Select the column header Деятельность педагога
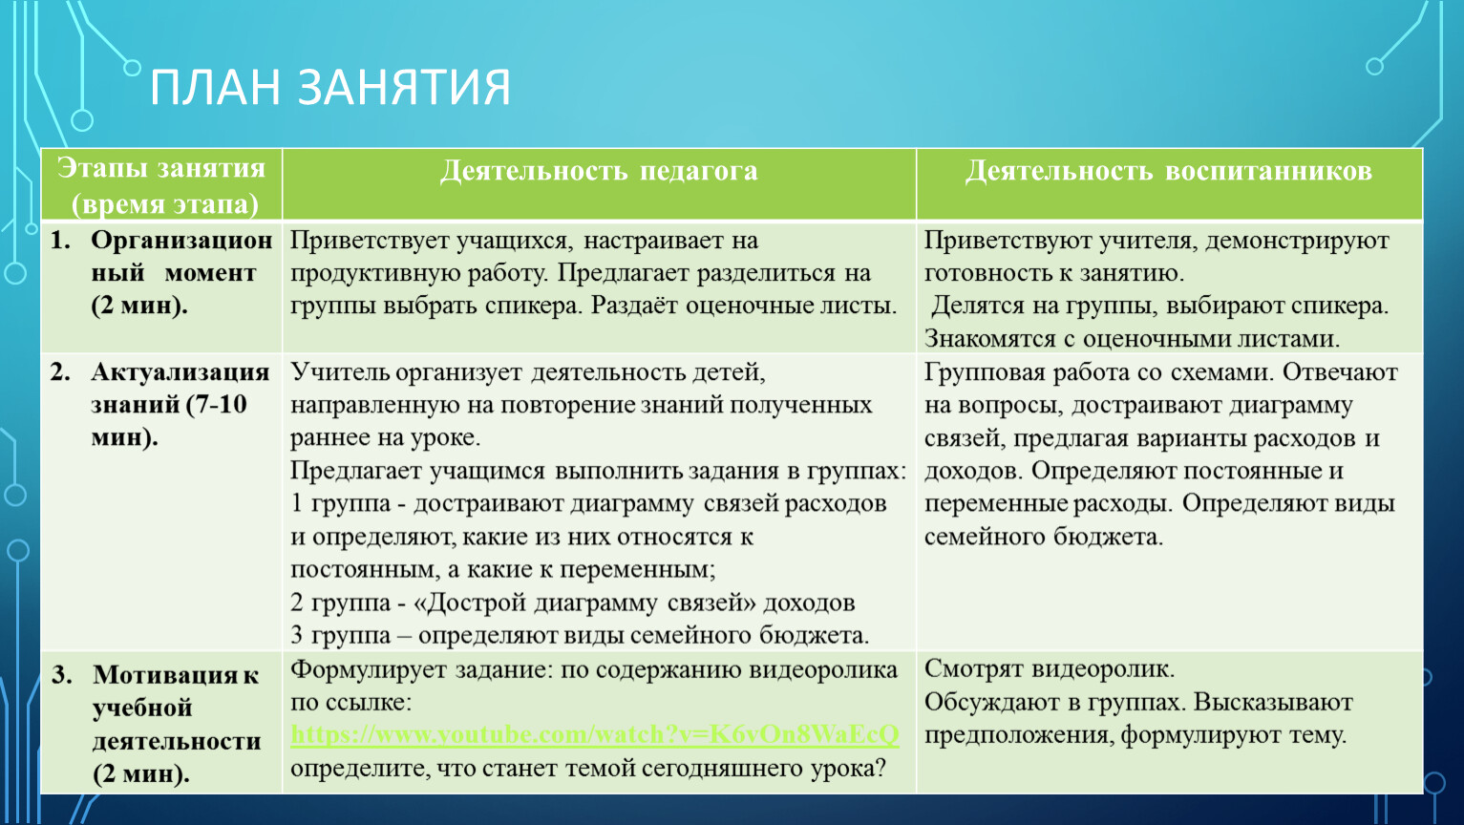599,171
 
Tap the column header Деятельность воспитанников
1169,171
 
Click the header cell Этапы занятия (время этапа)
161,186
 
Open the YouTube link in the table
595,735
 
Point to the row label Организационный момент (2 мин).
161,272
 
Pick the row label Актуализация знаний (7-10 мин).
160,404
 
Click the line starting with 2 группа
573,603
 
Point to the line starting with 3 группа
580,635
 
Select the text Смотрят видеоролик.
1050,668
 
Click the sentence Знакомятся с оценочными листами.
1132,339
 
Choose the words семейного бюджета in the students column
1044,538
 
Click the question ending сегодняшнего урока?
588,768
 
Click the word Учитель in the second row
339,372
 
